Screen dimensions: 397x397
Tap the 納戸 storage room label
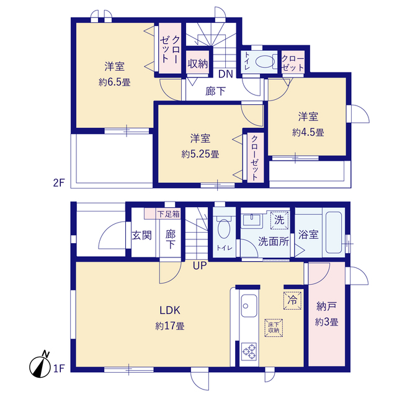326,306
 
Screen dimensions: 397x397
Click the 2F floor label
58,182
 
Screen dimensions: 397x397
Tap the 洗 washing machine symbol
279,219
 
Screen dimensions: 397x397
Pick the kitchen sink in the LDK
249,305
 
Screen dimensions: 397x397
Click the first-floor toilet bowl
225,230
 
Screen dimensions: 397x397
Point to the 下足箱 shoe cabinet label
167,214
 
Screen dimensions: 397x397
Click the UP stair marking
199,267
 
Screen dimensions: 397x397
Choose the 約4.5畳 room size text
308,132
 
